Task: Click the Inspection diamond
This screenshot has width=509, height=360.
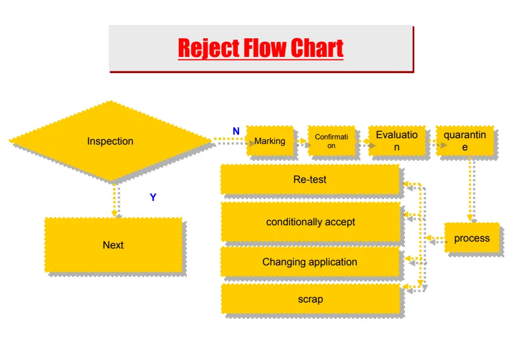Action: (x=110, y=141)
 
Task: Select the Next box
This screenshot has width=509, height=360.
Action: (x=113, y=244)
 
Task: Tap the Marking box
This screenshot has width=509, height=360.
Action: (x=270, y=141)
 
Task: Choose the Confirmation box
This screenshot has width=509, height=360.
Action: (x=331, y=141)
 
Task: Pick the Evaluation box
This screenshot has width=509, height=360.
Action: (x=396, y=141)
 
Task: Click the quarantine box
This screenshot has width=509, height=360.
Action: (x=464, y=141)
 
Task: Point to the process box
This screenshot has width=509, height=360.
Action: (x=472, y=238)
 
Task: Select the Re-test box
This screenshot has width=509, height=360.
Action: (x=310, y=179)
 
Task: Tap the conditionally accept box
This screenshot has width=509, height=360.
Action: (x=311, y=222)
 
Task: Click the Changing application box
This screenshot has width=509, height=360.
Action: (x=310, y=262)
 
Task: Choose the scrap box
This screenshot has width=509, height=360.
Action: (x=311, y=300)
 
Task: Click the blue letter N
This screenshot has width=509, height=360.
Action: (x=236, y=132)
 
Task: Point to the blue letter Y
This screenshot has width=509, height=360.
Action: (x=153, y=197)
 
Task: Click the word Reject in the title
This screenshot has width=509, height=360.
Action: (x=208, y=48)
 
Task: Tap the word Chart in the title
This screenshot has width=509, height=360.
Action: (x=317, y=48)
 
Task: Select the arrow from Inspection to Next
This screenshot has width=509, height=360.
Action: (x=115, y=200)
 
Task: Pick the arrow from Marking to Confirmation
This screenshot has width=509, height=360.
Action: (x=300, y=141)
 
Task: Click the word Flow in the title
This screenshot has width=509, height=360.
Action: (x=264, y=48)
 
